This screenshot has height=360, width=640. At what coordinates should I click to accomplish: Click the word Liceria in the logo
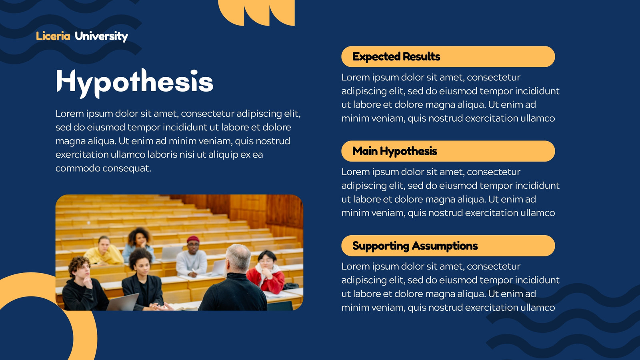[53, 36]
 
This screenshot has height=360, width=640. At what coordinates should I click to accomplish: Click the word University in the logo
[101, 36]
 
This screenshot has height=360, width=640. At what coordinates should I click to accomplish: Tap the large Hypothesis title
[134, 82]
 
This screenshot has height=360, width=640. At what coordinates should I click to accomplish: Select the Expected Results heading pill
[448, 56]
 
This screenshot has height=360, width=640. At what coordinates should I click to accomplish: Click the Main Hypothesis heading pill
[448, 151]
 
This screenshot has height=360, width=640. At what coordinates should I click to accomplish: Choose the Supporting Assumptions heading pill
[448, 246]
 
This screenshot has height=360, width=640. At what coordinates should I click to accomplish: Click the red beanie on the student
[193, 239]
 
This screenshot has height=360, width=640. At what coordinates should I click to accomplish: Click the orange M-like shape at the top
[256, 12]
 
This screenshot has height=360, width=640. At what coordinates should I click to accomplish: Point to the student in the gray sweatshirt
[192, 258]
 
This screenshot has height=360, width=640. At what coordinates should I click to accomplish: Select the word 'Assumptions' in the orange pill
[444, 246]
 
